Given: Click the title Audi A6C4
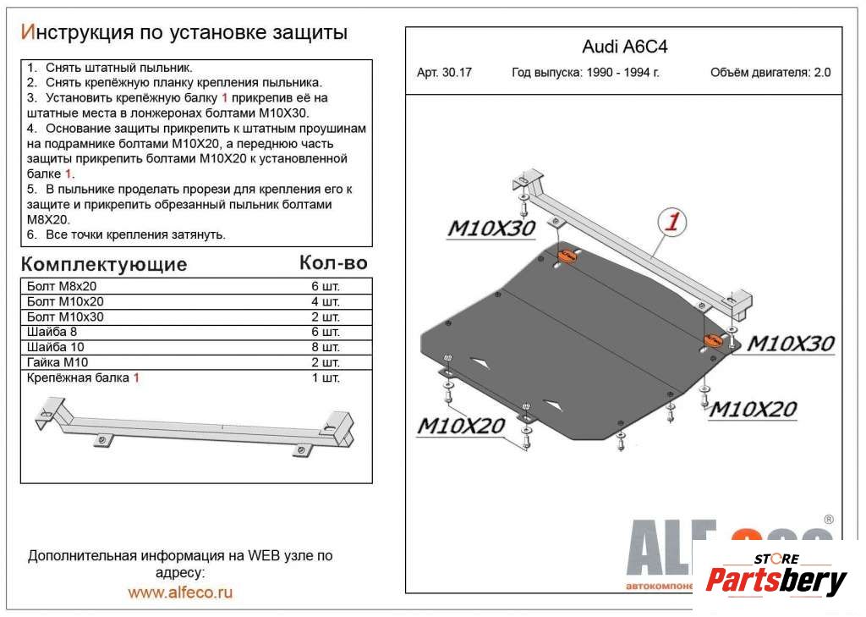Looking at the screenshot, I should (624, 47).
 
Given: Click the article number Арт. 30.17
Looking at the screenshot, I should (444, 73).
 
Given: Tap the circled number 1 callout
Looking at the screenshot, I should (671, 223).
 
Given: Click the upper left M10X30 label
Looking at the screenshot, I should (491, 229).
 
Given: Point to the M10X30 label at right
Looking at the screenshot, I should (791, 344).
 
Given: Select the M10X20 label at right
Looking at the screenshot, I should (752, 410).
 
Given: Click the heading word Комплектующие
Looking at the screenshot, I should (103, 263).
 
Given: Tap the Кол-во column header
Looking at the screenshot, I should (333, 262).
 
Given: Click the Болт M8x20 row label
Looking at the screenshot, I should (62, 286).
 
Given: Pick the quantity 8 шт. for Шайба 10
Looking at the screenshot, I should (326, 347).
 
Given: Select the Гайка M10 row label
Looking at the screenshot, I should (58, 362).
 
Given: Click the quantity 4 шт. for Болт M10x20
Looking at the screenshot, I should (326, 301).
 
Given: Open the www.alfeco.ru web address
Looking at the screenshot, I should (180, 592).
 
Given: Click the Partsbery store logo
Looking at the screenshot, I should (776, 580).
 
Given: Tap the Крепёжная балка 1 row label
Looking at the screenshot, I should (83, 377).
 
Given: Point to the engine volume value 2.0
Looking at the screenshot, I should (822, 73).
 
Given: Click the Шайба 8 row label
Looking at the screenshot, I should (52, 332).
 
